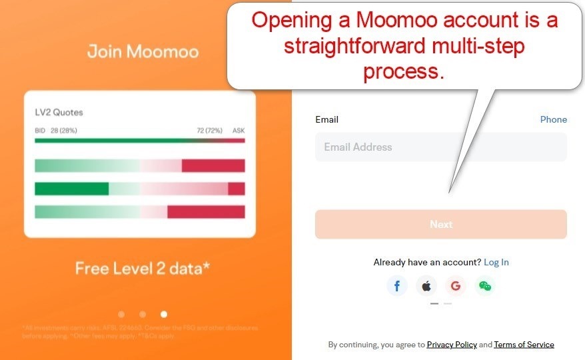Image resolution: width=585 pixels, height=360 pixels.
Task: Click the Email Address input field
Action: coord(440,147)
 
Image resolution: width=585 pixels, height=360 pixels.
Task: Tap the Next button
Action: coord(440,225)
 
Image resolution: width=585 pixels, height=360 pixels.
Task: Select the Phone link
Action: coord(553,120)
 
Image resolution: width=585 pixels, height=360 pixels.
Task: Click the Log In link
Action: coord(496,262)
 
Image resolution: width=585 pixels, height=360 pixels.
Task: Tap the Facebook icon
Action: coord(397,286)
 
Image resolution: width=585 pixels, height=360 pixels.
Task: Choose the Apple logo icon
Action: coord(426,286)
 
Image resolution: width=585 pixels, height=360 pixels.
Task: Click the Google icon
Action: coord(456,286)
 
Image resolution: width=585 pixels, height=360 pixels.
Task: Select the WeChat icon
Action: coord(485,286)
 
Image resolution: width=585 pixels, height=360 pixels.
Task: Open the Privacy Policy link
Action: coord(452,345)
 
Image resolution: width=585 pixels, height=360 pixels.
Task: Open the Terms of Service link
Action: coord(524,345)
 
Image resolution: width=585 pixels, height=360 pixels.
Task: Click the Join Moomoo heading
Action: coord(143,51)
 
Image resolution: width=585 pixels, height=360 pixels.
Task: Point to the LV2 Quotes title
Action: coord(59,113)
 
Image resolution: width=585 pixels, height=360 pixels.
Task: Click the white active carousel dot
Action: coord(164,314)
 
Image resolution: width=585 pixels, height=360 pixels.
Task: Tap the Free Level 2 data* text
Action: coord(143,269)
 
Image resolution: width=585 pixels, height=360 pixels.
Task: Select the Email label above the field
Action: coord(326,120)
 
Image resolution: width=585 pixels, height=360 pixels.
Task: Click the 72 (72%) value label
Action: coord(209,131)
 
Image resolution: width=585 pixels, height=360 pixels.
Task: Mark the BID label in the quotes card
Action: coord(40,131)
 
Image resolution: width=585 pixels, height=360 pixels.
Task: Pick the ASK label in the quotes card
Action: coord(239,131)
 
